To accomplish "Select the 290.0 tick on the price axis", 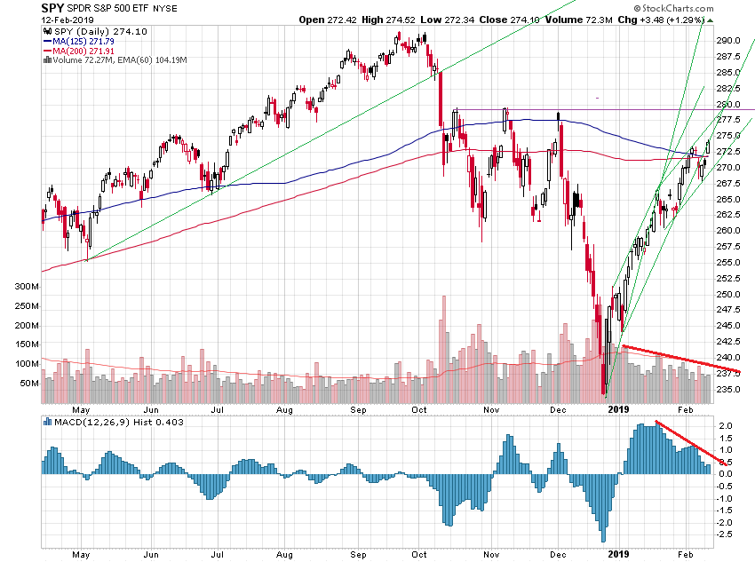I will pos(729,40).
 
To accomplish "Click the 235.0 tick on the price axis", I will pos(729,389).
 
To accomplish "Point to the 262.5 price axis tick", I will pos(729,215).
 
